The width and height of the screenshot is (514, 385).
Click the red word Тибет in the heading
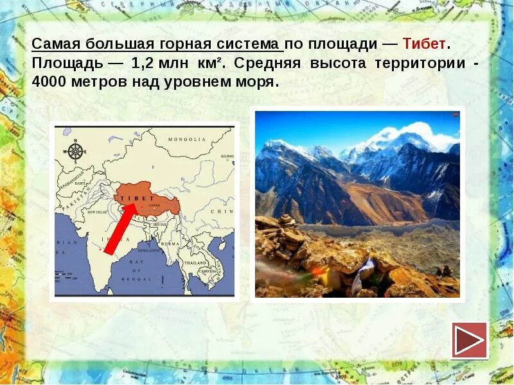tap(423, 44)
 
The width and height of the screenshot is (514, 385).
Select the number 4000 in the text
tap(53, 83)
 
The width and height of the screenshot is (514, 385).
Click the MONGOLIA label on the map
tap(186, 139)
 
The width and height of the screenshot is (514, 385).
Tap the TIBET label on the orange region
tap(134, 198)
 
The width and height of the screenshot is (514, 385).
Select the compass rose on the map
tap(76, 151)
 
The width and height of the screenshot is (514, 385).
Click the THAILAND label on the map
tap(194, 263)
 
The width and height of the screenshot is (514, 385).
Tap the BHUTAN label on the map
tap(159, 225)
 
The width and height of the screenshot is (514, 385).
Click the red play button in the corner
tap(470, 340)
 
